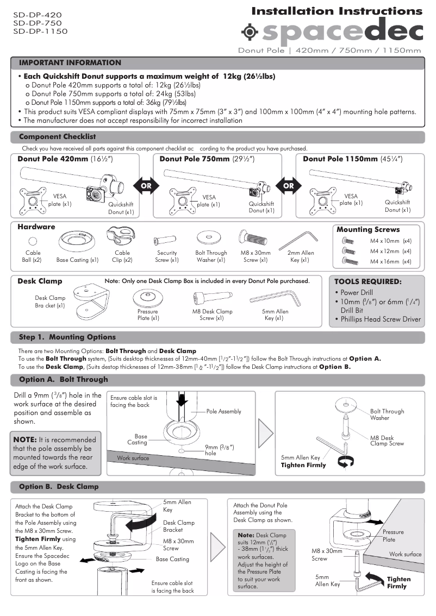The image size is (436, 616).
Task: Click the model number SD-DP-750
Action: (x=37, y=23)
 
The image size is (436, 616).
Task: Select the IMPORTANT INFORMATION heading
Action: (x=70, y=63)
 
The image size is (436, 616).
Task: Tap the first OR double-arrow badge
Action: (x=146, y=185)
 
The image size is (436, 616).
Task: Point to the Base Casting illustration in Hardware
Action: (x=77, y=240)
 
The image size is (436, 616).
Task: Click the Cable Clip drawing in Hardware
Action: (x=121, y=238)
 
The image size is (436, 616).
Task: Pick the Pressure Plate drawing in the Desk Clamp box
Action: (x=148, y=298)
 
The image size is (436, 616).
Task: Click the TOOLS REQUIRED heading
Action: (x=368, y=282)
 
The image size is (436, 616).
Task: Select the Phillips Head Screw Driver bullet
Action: (x=381, y=319)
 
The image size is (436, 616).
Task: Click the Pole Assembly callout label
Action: (x=223, y=412)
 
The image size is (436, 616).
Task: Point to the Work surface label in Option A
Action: (x=133, y=458)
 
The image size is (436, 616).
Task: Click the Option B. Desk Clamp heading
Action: (x=59, y=487)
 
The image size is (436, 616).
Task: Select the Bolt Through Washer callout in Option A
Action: (x=387, y=414)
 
